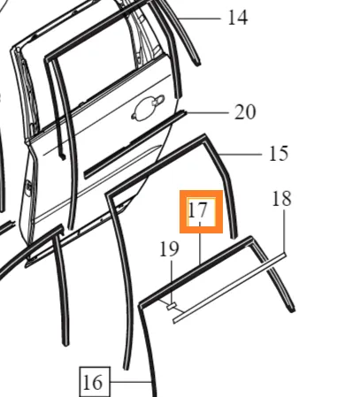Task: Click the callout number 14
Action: (x=238, y=18)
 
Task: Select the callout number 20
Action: (x=245, y=112)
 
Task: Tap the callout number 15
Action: (x=279, y=154)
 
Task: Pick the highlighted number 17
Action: (x=197, y=210)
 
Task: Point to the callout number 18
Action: (x=282, y=199)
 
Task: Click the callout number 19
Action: (x=169, y=249)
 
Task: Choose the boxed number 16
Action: (x=95, y=382)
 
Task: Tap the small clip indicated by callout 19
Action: (x=172, y=306)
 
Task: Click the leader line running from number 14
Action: (x=199, y=19)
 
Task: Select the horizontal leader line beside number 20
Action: (x=207, y=112)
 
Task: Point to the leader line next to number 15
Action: (x=241, y=154)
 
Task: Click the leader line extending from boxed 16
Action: (x=131, y=382)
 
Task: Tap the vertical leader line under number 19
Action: (x=172, y=281)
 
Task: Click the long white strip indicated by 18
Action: (x=230, y=287)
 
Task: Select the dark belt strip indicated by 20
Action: (x=135, y=144)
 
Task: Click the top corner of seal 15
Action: (x=204, y=135)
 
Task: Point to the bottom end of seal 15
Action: (x=234, y=237)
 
